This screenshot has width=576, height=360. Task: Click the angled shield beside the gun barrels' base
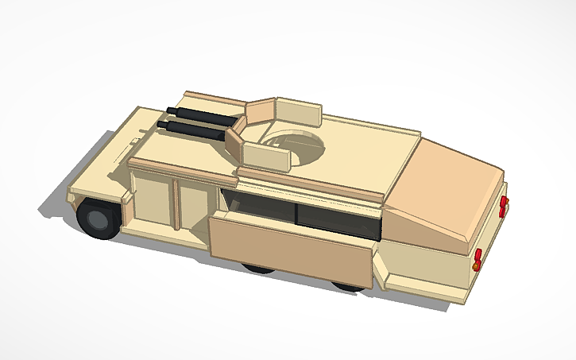click(x=235, y=144)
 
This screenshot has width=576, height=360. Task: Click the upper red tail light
click(x=503, y=206)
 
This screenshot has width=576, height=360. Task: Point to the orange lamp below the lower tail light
click(x=475, y=267)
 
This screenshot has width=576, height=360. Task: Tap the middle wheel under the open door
click(x=258, y=269)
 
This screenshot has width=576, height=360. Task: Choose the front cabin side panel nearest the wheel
click(x=151, y=202)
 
